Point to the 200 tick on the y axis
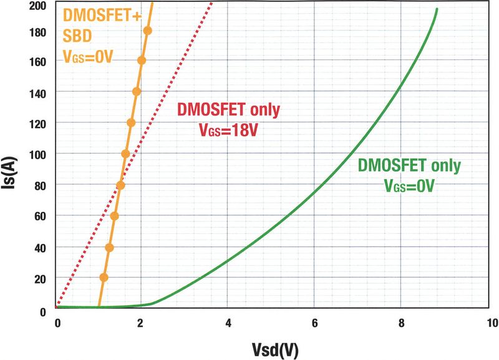38,6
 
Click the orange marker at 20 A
104,277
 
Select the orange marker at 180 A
147,31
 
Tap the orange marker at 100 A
125,153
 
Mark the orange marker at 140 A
137,92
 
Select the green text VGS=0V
409,186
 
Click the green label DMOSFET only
409,167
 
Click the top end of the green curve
437,9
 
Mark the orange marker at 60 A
114,216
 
